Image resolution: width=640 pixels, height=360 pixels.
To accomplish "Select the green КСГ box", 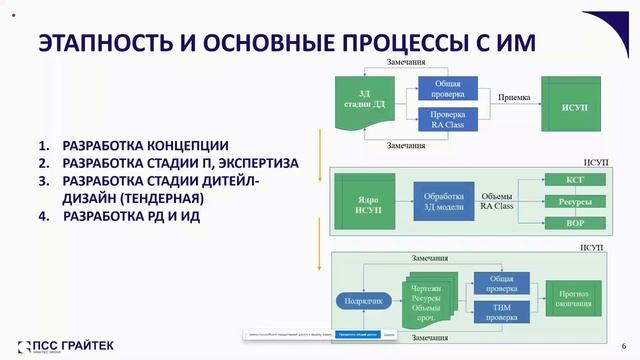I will click(575, 180).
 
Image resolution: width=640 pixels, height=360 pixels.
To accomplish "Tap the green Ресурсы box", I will click(575, 202).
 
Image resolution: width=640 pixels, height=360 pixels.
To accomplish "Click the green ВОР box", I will click(575, 223).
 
